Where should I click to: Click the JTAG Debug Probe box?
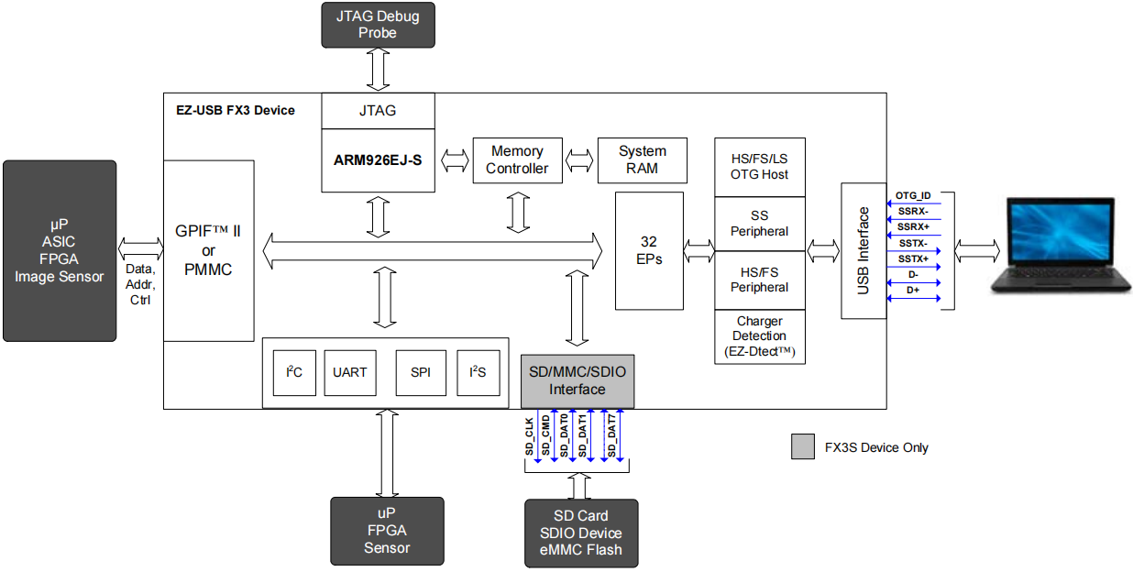click(x=378, y=25)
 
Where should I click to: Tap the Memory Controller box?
click(x=517, y=159)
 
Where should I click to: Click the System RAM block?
click(x=642, y=159)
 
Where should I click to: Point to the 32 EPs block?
click(x=649, y=250)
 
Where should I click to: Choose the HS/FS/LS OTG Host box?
click(x=759, y=167)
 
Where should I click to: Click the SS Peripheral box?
click(x=759, y=225)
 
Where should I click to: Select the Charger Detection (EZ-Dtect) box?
click(x=759, y=336)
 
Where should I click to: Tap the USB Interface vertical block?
click(x=863, y=250)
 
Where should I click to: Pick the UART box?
click(x=349, y=372)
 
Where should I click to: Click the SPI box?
click(x=421, y=372)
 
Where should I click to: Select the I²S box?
click(x=478, y=372)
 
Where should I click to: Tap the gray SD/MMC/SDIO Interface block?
click(x=577, y=381)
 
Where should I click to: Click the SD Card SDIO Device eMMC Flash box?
click(x=580, y=533)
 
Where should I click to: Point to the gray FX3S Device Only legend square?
click(x=803, y=447)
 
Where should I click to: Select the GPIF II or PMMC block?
click(x=208, y=250)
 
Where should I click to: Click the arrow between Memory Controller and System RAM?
click(x=579, y=160)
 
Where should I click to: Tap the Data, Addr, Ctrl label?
click(x=140, y=284)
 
